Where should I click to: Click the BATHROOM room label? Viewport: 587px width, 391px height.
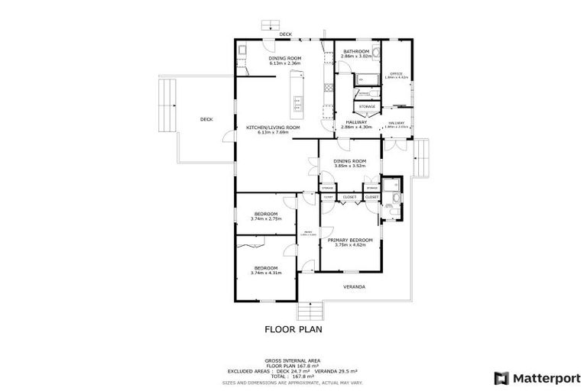click(357, 51)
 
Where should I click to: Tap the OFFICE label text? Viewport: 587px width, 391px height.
click(396, 73)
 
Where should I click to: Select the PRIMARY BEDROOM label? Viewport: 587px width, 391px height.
click(350, 240)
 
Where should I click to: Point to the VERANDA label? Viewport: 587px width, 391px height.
click(353, 287)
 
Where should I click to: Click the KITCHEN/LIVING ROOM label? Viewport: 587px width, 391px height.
click(273, 128)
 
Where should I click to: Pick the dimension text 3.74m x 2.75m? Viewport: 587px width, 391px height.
click(266, 219)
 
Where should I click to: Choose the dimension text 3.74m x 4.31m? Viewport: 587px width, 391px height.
click(265, 273)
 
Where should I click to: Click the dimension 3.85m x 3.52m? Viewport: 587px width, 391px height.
click(349, 166)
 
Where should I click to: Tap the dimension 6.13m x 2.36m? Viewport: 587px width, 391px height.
click(285, 63)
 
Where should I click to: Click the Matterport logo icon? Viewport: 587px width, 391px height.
click(501, 377)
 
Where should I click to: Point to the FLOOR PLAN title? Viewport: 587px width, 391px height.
click(293, 330)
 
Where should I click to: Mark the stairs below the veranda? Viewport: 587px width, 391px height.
click(310, 312)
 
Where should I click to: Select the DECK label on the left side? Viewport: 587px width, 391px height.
click(206, 119)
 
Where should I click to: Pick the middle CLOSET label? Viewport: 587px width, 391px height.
click(349, 197)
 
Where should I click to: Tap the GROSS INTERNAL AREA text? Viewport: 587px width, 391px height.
click(293, 360)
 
